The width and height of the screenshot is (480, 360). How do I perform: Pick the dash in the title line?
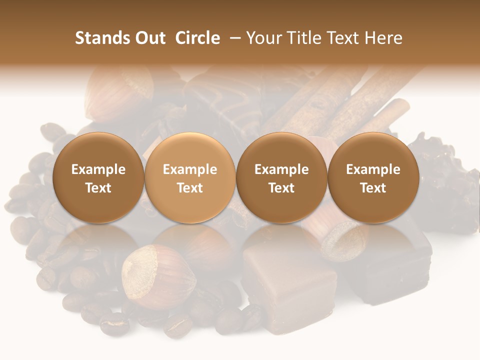(x=233, y=38)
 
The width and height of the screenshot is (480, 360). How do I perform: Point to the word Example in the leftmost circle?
(x=98, y=169)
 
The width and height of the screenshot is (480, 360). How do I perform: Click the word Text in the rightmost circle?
(x=373, y=188)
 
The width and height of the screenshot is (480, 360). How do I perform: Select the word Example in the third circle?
(x=281, y=169)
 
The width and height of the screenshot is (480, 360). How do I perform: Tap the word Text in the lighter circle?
(x=190, y=188)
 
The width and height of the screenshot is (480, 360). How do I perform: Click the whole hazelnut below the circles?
(x=157, y=276)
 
